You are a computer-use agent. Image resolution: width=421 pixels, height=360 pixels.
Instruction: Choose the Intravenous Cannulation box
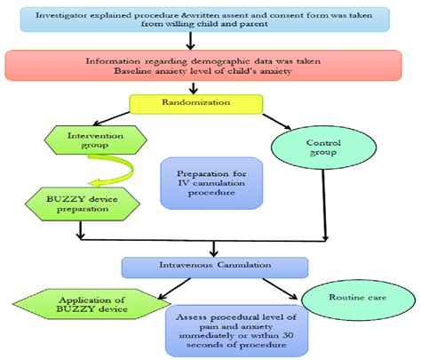tap(215, 266)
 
